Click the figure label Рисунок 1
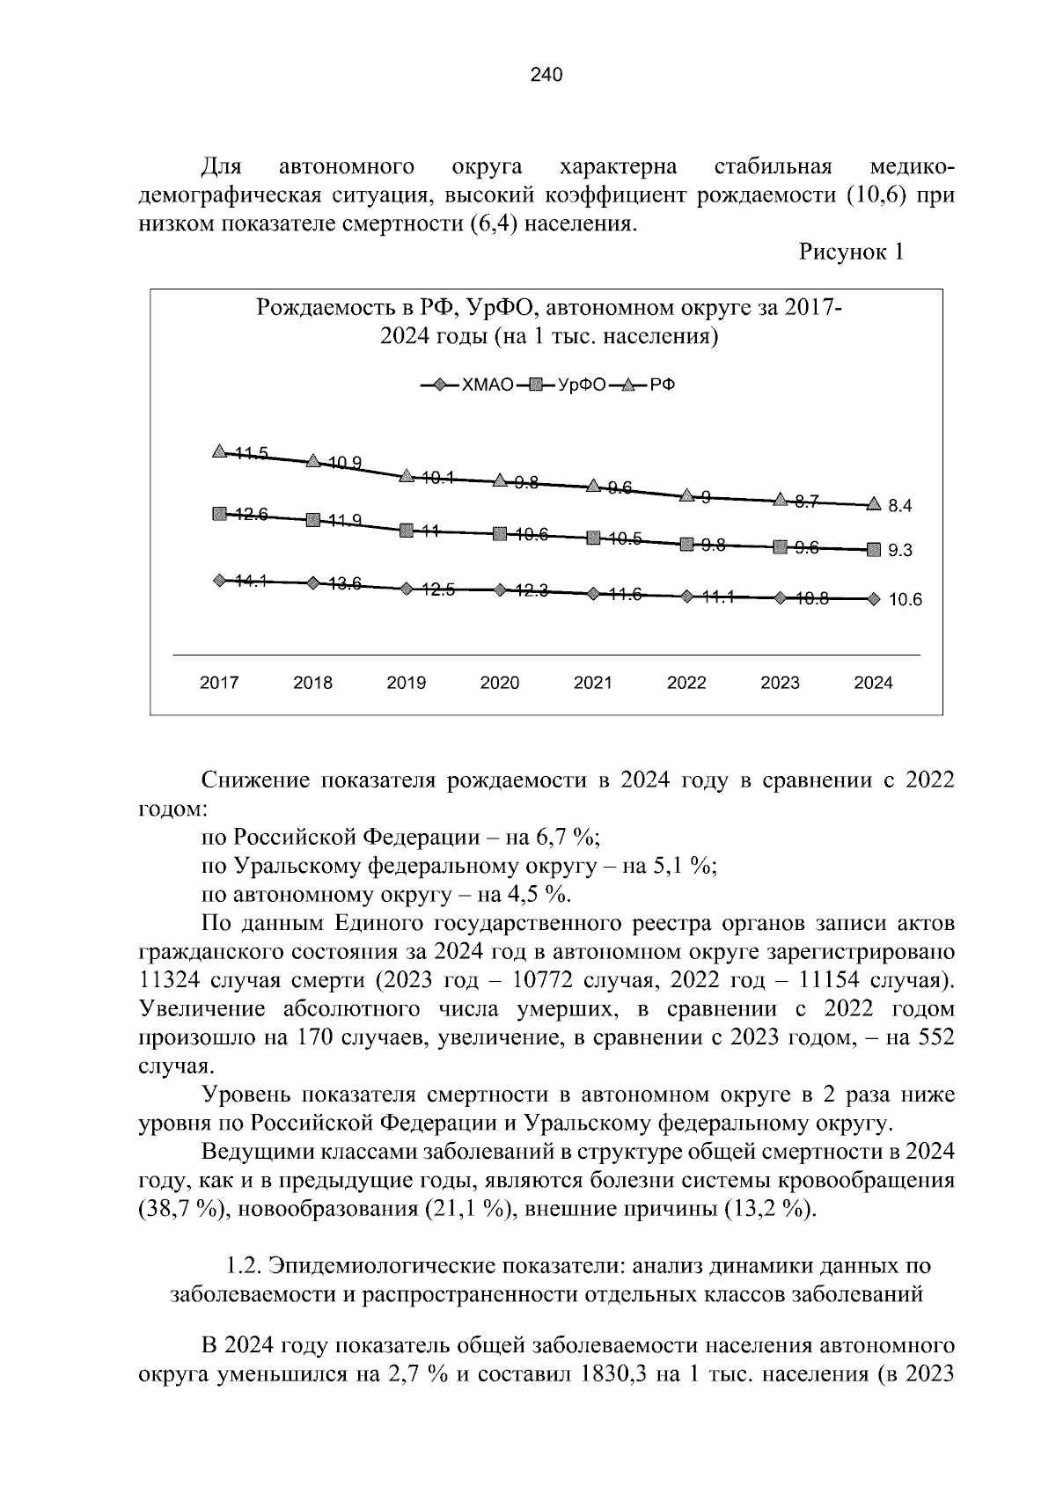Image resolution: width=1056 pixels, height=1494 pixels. click(x=850, y=253)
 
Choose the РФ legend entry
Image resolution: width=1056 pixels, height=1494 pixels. click(x=662, y=385)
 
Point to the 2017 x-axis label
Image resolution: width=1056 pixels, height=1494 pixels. click(x=219, y=683)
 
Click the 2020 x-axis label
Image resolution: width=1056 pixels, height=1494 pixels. click(x=499, y=683)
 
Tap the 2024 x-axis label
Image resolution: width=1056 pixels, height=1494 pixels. click(x=873, y=683)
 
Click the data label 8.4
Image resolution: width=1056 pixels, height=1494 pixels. click(x=900, y=506)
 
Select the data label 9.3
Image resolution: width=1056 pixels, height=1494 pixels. click(x=900, y=552)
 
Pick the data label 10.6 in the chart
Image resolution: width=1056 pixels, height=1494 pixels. click(x=904, y=600)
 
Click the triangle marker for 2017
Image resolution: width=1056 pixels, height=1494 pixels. click(x=219, y=451)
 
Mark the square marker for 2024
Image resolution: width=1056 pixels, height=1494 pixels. click(x=873, y=550)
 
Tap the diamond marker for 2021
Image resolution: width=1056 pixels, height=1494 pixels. click(x=593, y=594)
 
